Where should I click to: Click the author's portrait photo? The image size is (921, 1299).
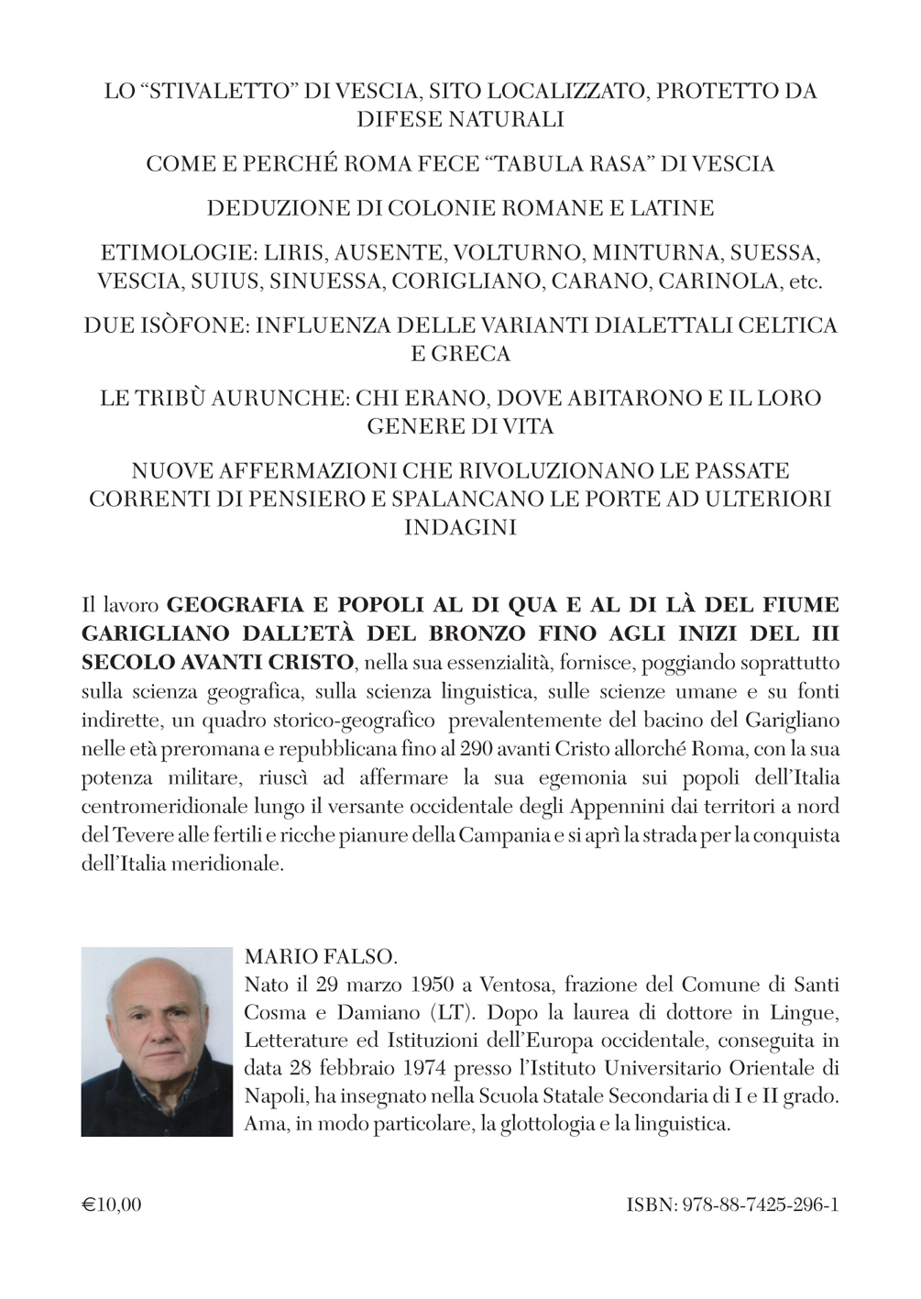pyautogui.click(x=157, y=1041)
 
